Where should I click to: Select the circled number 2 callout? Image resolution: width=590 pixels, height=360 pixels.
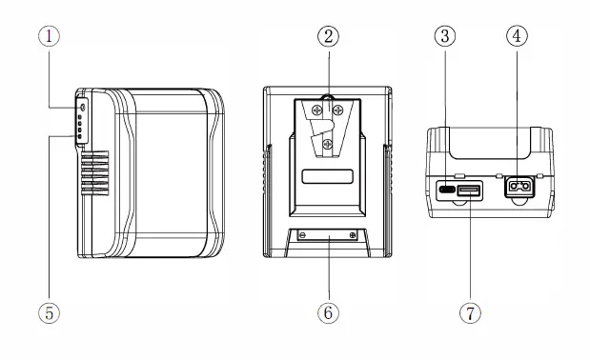[x=327, y=36]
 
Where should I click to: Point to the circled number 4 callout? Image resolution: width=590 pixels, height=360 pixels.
[x=518, y=36]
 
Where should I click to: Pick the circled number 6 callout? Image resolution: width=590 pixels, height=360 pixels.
[x=327, y=311]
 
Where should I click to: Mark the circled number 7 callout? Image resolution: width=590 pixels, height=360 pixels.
[x=470, y=311]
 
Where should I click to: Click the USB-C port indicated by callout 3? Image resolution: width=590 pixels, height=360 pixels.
[x=445, y=189]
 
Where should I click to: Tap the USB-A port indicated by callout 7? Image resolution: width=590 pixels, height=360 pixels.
[x=469, y=190]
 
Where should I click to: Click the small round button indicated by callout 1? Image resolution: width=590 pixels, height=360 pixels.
[x=82, y=108]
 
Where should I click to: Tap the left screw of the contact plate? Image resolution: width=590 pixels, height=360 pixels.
[x=303, y=235]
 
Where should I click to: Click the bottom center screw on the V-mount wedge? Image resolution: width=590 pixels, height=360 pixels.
[x=327, y=144]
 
